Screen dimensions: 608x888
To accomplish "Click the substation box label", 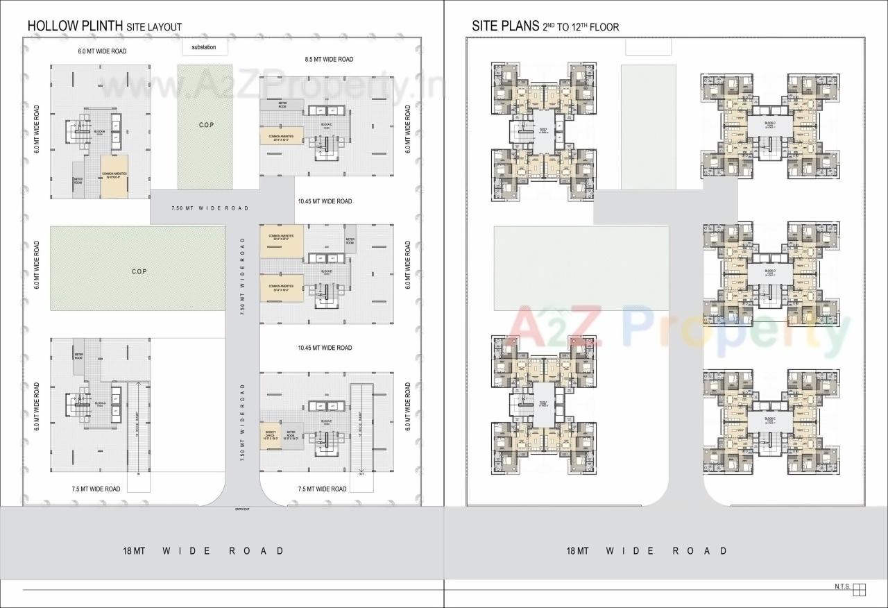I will [x=204, y=47].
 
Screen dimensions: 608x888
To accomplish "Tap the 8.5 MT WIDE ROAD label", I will [x=329, y=60].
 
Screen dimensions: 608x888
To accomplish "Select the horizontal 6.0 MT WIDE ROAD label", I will [x=102, y=51].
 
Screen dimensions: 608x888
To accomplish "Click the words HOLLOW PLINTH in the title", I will [x=75, y=26].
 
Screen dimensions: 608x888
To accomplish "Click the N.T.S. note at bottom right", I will [x=842, y=587].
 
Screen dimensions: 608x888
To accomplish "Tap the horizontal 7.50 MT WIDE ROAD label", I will [x=210, y=208].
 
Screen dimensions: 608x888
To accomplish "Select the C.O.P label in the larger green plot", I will [x=138, y=271].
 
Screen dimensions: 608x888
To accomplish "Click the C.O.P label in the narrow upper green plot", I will [x=205, y=126].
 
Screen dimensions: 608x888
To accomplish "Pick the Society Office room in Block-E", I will [x=271, y=436].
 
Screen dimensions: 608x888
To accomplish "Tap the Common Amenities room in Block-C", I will [x=282, y=137].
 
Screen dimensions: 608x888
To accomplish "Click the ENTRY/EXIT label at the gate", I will [x=242, y=509].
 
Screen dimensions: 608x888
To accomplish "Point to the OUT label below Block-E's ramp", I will [x=361, y=474].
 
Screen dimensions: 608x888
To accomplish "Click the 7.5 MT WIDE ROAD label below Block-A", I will [x=96, y=489].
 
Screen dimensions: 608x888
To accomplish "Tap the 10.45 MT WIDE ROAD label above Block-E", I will [x=325, y=348].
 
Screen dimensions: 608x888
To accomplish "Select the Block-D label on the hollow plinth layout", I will [x=326, y=271].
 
